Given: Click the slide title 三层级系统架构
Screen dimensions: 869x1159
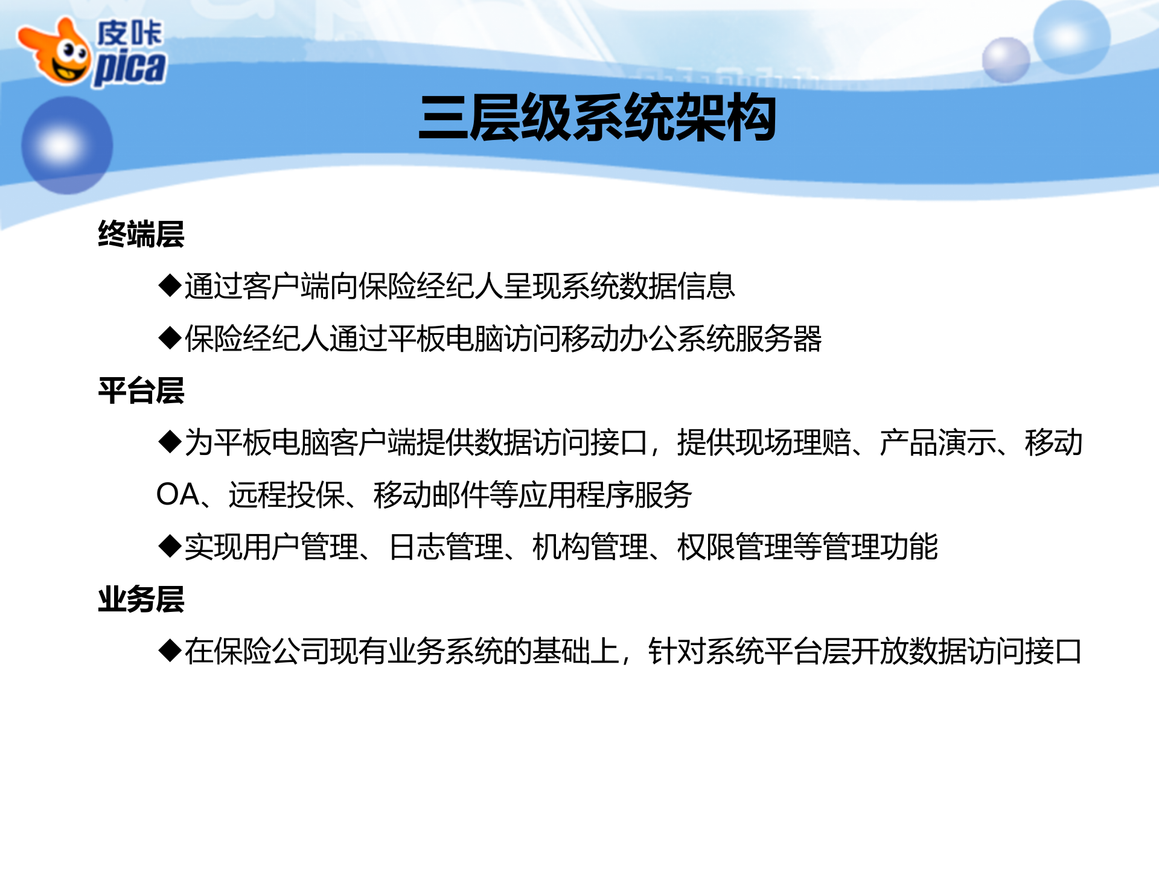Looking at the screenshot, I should click(597, 118).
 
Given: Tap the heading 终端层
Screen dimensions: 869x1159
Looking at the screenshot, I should click(141, 234).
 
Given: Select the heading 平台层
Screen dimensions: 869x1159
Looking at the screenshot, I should click(141, 390).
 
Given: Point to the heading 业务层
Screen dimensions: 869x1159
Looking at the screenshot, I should click(141, 599).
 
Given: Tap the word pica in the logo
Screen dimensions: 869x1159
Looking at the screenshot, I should click(129, 68).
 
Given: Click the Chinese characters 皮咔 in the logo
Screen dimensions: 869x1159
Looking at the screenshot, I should click(129, 33).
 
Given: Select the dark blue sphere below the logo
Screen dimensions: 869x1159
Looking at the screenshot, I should click(66, 145).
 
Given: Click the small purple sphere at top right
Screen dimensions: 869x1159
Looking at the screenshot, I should click(1006, 60).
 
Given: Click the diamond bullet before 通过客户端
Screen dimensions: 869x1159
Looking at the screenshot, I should click(170, 285).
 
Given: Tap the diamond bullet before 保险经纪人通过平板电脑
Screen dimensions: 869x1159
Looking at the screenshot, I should click(170, 338).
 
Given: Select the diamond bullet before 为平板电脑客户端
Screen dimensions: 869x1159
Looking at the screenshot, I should click(170, 442).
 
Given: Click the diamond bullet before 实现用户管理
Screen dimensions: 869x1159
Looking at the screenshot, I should click(170, 547).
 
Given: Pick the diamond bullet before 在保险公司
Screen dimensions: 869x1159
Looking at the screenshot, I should click(170, 651).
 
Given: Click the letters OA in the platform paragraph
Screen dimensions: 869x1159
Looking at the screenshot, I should click(178, 495).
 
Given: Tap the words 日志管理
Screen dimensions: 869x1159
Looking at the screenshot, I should click(446, 547).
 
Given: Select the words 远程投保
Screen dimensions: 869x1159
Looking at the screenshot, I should click(286, 495).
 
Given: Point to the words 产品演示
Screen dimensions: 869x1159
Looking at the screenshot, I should click(937, 442).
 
